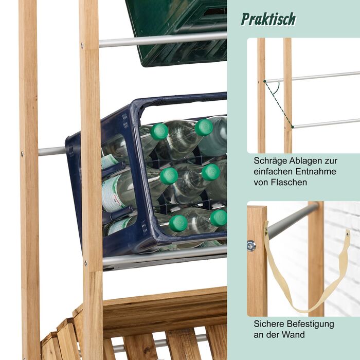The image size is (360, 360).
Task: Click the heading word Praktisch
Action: pyautogui.click(x=268, y=19)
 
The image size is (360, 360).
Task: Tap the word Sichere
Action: pyautogui.click(x=269, y=324)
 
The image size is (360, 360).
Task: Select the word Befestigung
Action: pyautogui.click(x=311, y=324)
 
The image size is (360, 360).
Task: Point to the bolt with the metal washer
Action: pyautogui.click(x=251, y=246)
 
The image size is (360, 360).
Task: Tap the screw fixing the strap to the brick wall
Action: pyautogui.click(x=347, y=234)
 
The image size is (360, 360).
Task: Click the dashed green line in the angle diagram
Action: pyautogui.click(x=279, y=104)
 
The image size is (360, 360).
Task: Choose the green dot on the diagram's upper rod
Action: pyautogui.click(x=265, y=81)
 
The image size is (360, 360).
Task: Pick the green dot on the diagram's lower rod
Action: pyautogui.click(x=293, y=127)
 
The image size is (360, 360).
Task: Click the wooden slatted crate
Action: pyautogui.click(x=138, y=326)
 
